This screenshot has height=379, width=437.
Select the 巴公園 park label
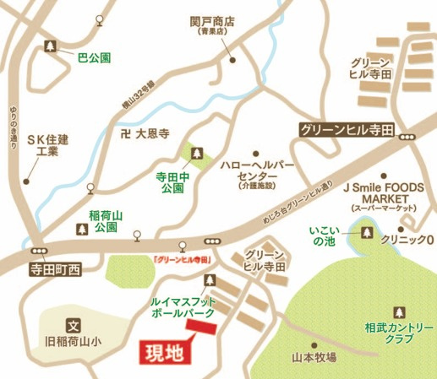tap(94, 58)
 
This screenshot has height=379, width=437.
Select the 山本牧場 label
tap(313, 357)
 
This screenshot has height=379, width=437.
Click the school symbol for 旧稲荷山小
tap(73, 323)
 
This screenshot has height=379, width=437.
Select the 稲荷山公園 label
tap(106, 221)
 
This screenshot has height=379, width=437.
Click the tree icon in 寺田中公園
tap(195, 154)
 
